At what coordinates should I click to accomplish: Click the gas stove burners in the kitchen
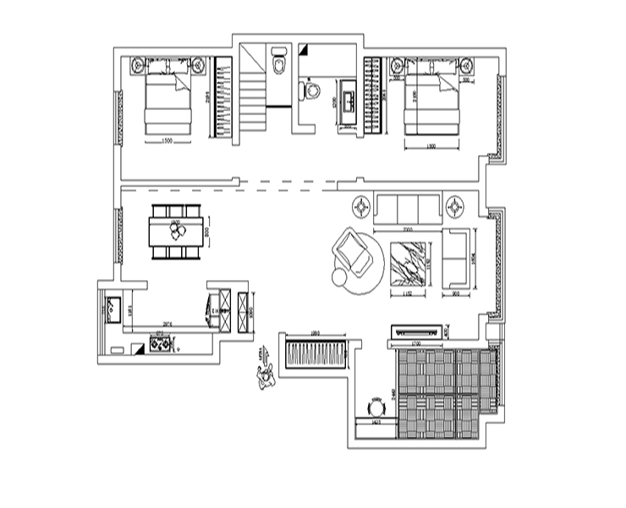(x=158, y=343)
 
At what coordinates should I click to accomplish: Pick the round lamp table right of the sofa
(x=457, y=206)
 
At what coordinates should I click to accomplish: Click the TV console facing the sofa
(x=416, y=331)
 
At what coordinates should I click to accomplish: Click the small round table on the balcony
(x=375, y=406)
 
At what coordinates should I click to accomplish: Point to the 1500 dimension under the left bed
(x=167, y=141)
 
